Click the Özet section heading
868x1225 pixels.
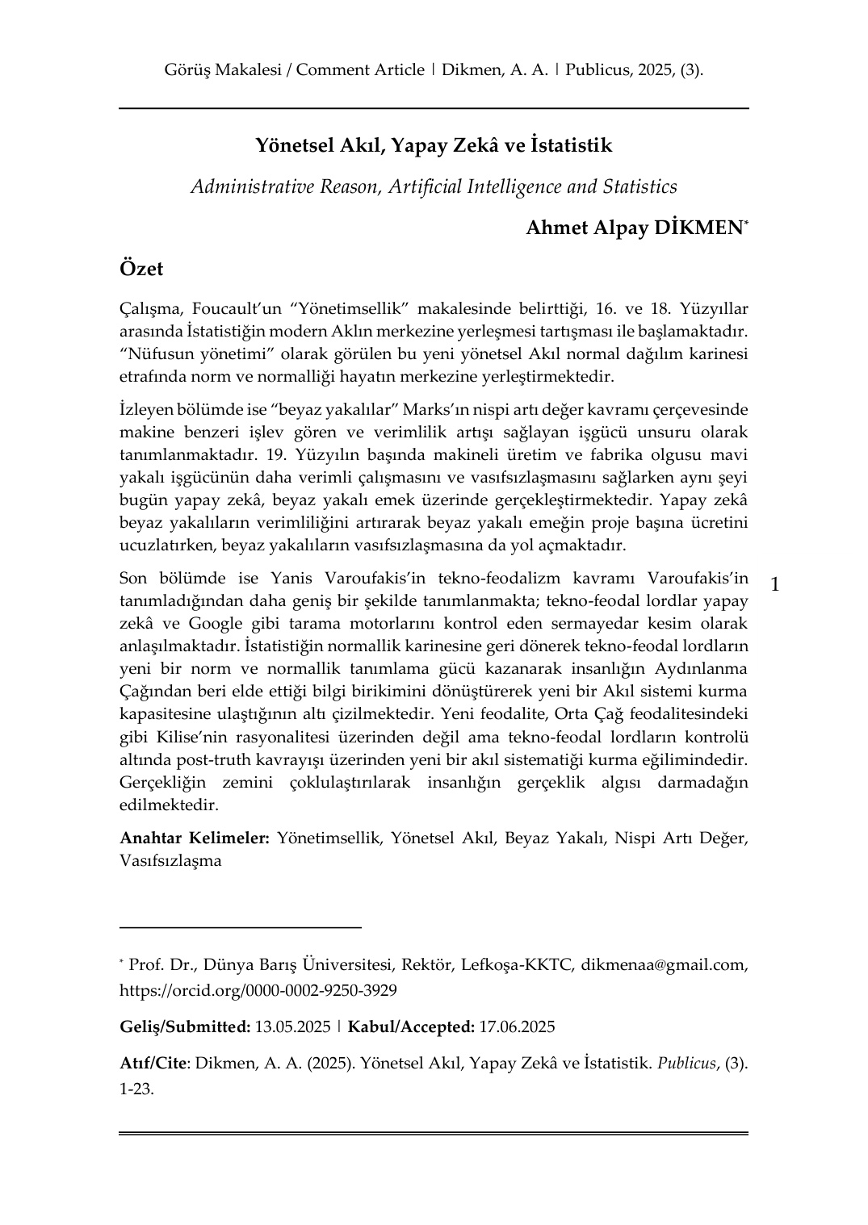pyautogui.click(x=141, y=269)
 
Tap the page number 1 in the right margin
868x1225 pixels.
pyautogui.click(x=775, y=583)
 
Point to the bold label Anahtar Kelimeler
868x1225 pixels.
pyautogui.click(x=195, y=838)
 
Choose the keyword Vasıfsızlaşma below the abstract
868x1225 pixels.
pyautogui.click(x=170, y=860)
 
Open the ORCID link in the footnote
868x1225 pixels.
pyautogui.click(x=258, y=990)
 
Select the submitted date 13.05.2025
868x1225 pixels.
pyautogui.click(x=292, y=1027)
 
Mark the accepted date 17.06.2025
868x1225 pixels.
pyautogui.click(x=517, y=1027)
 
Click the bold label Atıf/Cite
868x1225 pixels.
pyautogui.click(x=153, y=1064)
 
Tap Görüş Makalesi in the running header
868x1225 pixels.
pyautogui.click(x=222, y=70)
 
